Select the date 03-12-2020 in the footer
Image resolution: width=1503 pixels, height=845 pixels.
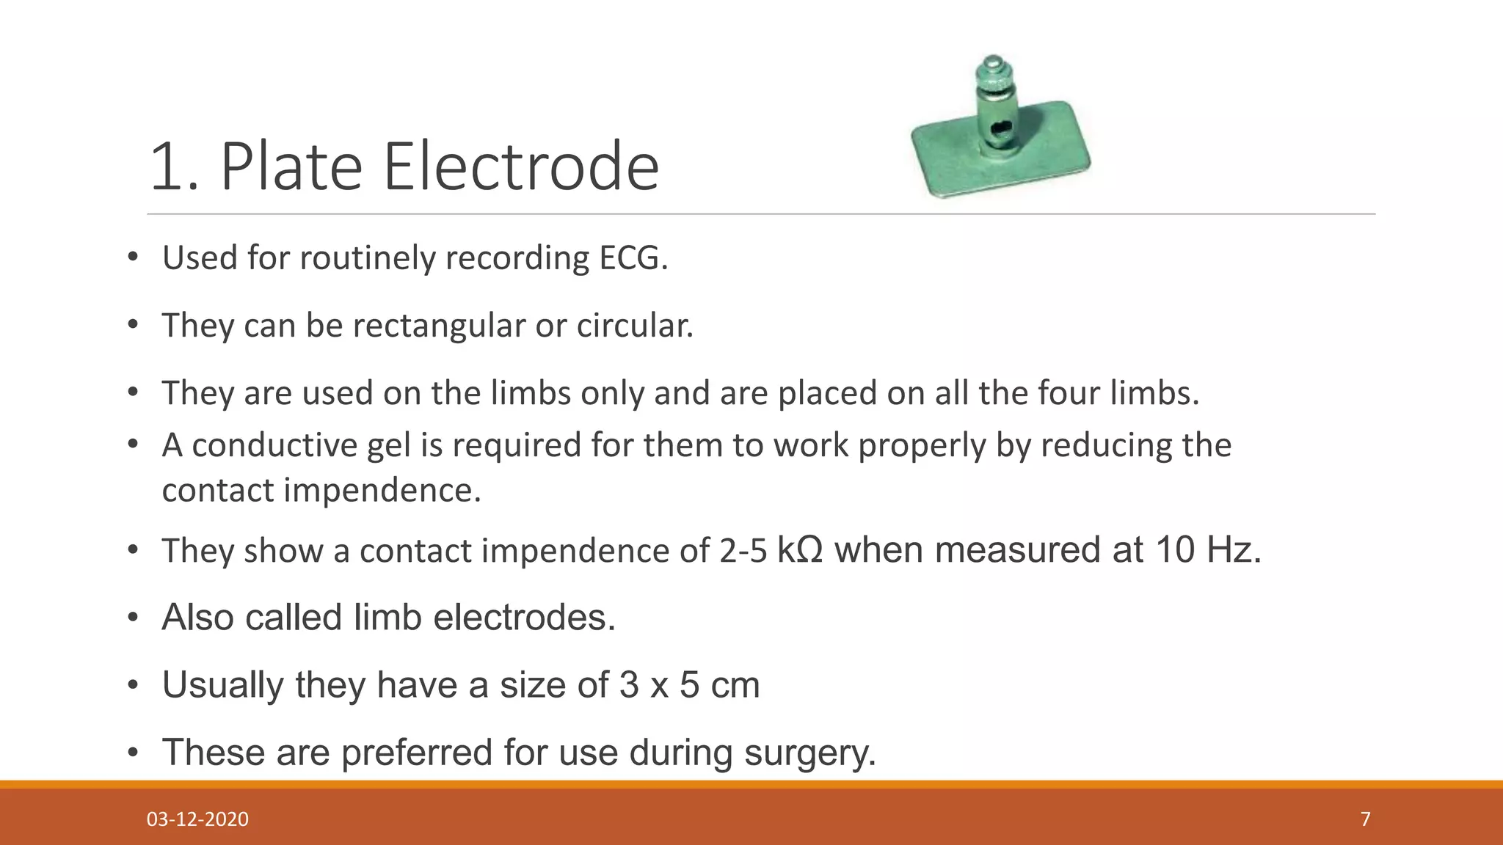pyautogui.click(x=197, y=819)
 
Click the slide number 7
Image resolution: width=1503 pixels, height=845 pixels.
pyautogui.click(x=1365, y=819)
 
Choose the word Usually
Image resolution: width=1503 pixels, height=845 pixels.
pyautogui.click(x=223, y=685)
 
